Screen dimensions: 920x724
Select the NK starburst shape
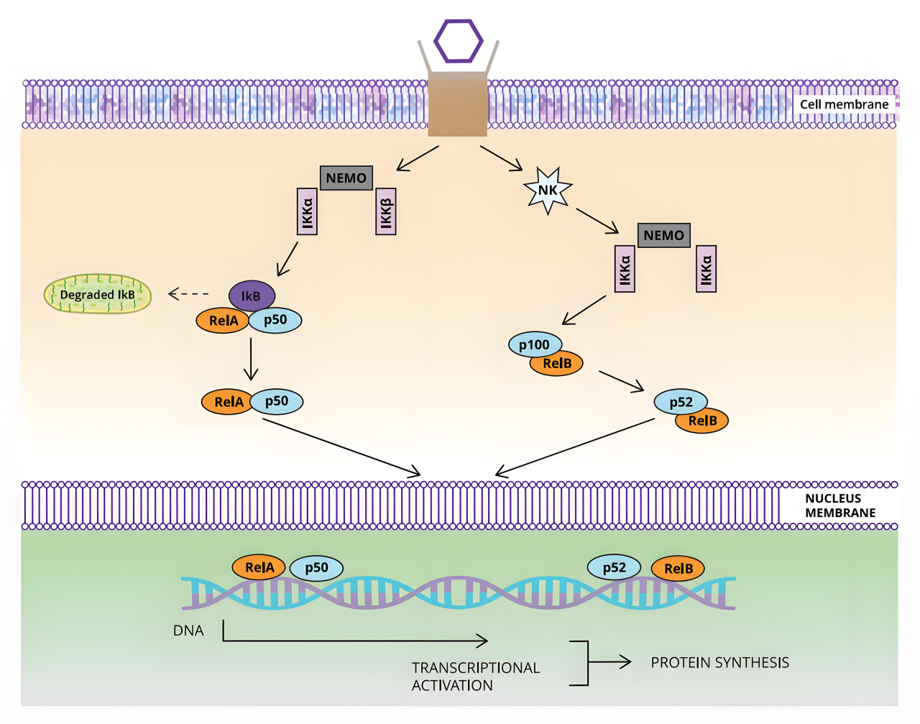tap(548, 191)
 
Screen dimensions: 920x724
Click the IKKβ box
tap(386, 211)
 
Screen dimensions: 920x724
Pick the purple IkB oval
tap(252, 295)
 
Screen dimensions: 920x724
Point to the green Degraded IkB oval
tap(98, 294)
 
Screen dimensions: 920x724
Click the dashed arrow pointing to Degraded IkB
tap(188, 294)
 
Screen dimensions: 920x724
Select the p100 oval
tap(535, 344)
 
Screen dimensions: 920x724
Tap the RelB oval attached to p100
tap(556, 364)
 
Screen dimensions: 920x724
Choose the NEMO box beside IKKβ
tap(346, 178)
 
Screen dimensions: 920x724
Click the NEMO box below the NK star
tap(664, 235)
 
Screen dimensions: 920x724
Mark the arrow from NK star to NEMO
tap(597, 221)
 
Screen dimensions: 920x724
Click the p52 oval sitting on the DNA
tap(614, 567)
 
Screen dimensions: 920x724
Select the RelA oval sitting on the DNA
tap(259, 567)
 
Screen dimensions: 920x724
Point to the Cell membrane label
tap(844, 104)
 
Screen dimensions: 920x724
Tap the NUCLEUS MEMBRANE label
tap(840, 505)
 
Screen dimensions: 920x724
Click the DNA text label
tap(188, 631)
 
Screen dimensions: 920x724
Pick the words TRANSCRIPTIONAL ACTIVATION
tap(475, 677)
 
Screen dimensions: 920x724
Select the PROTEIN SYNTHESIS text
tap(720, 662)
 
